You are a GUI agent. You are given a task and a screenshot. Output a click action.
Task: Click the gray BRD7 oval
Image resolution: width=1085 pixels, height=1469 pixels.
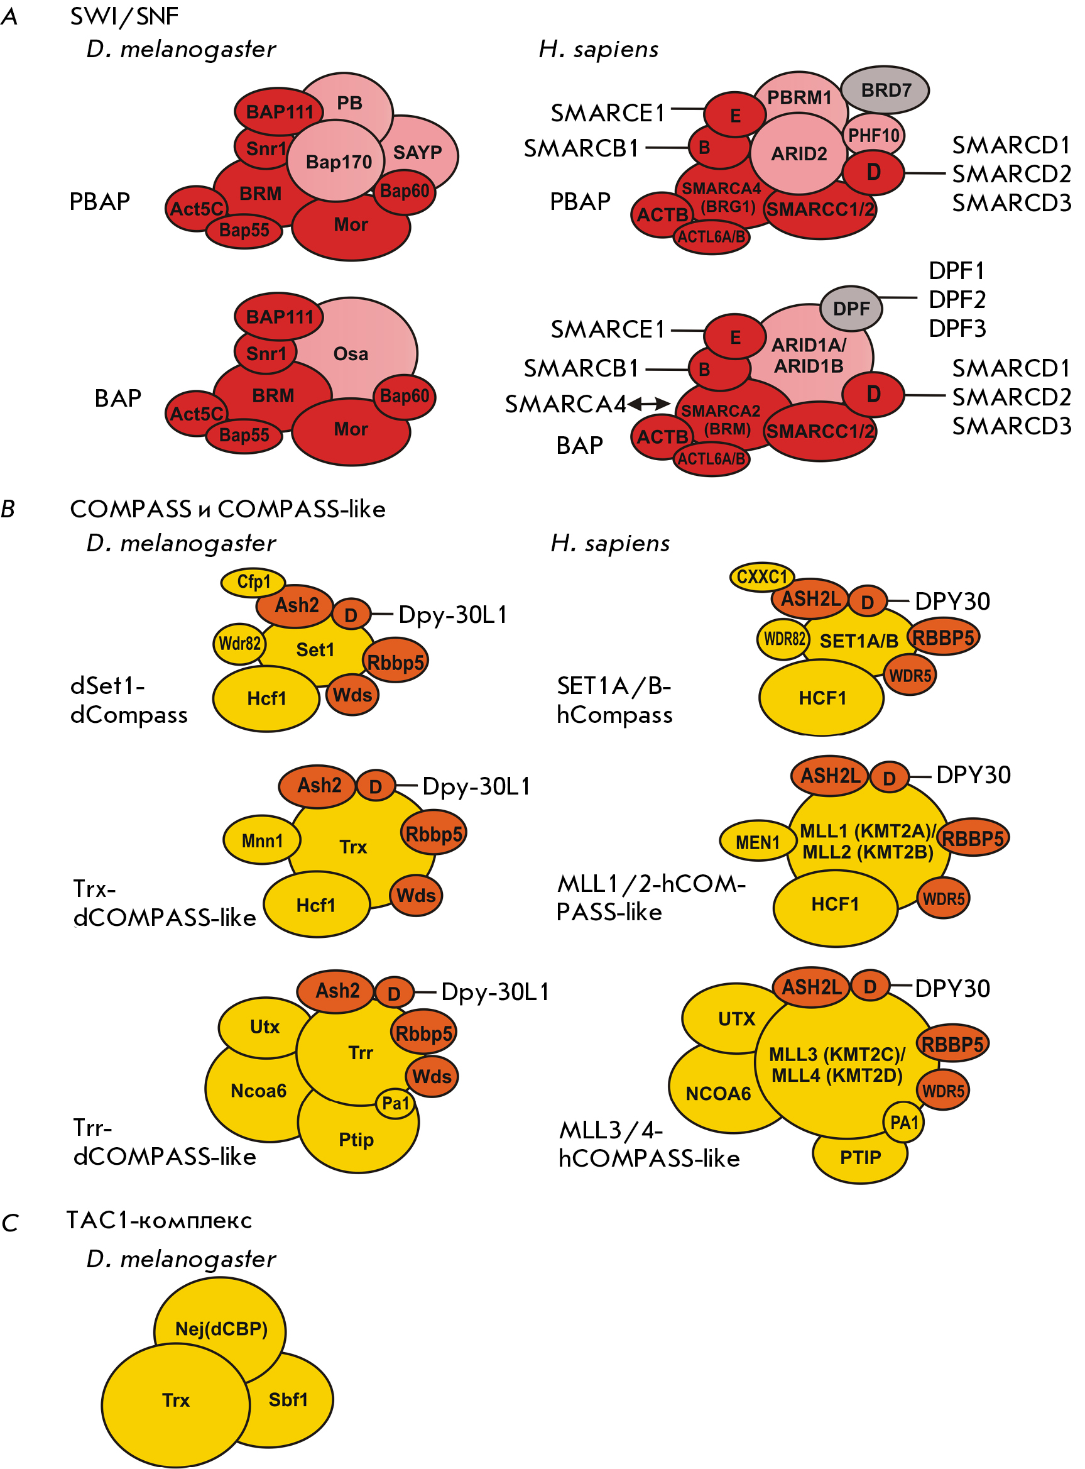pyautogui.click(x=885, y=90)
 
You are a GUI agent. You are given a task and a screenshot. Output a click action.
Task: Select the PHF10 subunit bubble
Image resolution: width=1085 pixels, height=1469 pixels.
pyautogui.click(x=873, y=135)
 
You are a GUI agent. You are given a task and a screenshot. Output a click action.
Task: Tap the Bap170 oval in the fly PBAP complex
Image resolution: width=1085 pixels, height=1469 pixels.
pyautogui.click(x=336, y=161)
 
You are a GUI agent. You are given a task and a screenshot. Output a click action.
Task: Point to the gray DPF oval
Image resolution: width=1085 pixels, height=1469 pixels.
pyautogui.click(x=851, y=308)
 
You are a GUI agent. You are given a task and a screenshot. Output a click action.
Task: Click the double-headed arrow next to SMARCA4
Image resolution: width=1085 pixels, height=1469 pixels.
pyautogui.click(x=649, y=404)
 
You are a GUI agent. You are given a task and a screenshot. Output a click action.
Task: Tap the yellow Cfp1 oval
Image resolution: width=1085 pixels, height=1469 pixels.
pyautogui.click(x=253, y=582)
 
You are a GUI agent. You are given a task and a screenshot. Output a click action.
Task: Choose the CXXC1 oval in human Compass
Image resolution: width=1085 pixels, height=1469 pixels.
pyautogui.click(x=762, y=577)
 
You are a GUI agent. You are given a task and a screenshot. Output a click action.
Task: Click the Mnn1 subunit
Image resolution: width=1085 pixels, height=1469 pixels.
pyautogui.click(x=262, y=840)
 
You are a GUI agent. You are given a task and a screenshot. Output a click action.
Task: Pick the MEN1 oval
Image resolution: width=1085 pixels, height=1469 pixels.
pyautogui.click(x=758, y=842)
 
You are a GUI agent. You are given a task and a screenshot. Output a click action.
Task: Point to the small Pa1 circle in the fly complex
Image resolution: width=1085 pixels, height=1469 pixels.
pyautogui.click(x=395, y=1103)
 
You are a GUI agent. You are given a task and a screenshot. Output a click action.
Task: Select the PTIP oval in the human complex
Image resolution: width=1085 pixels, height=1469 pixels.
pyautogui.click(x=860, y=1157)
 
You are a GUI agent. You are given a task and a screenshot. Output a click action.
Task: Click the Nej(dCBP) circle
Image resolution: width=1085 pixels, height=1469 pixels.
pyautogui.click(x=220, y=1328)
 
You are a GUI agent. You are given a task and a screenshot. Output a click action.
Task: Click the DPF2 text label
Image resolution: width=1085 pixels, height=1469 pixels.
pyautogui.click(x=957, y=300)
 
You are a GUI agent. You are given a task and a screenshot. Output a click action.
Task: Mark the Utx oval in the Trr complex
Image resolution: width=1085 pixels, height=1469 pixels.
pyautogui.click(x=265, y=1027)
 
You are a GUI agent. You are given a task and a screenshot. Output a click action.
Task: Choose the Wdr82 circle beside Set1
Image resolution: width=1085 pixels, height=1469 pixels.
pyautogui.click(x=239, y=643)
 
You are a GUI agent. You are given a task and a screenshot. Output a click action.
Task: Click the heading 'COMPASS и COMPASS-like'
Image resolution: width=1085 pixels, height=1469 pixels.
pyautogui.click(x=227, y=509)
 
